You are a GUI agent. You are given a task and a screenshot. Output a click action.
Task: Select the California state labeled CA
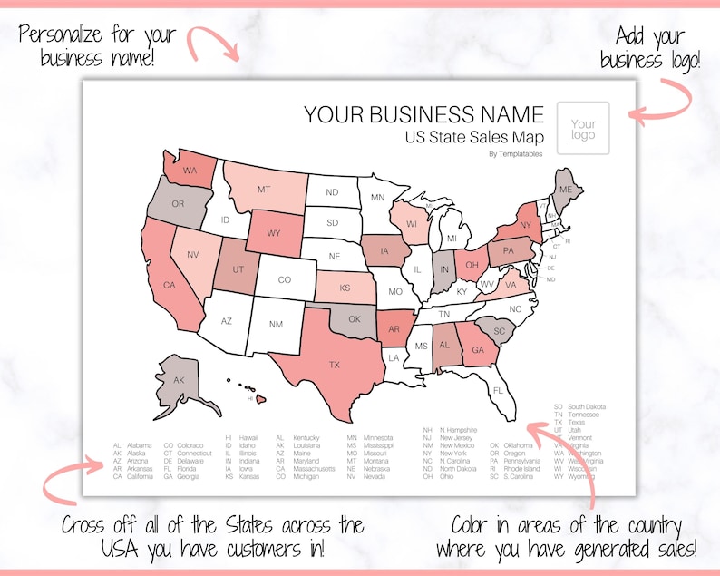click(169, 284)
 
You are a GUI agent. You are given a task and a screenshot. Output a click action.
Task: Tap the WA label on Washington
click(190, 170)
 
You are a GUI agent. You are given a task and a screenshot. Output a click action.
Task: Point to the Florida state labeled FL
click(498, 390)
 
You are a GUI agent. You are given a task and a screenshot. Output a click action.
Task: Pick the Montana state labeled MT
click(264, 190)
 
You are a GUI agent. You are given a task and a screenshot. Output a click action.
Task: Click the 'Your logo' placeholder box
click(583, 129)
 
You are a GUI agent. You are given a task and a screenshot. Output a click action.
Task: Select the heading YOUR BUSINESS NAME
click(423, 114)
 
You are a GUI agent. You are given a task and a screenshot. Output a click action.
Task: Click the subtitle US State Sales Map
click(475, 137)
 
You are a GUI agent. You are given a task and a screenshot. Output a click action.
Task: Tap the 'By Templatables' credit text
click(515, 154)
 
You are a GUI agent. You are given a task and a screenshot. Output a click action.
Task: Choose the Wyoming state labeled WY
click(275, 233)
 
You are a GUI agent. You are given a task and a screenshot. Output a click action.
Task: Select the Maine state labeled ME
click(565, 188)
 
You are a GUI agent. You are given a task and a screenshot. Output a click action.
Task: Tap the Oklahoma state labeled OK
click(354, 318)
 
